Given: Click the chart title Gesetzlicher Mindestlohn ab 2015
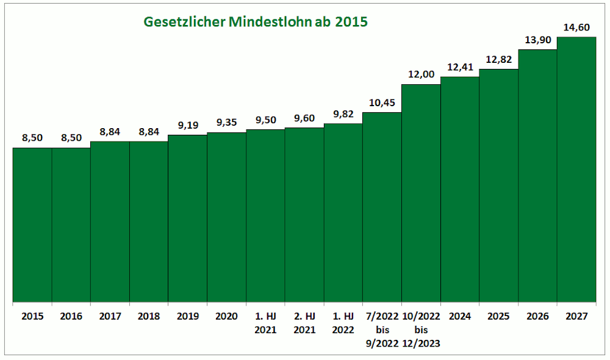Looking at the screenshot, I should (256, 22).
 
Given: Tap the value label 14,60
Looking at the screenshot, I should (576, 27).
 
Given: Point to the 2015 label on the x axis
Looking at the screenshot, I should (32, 316).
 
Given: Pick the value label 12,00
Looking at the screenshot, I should (421, 74).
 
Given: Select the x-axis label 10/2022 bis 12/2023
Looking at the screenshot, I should (421, 329).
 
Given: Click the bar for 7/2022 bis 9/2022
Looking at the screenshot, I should (382, 207).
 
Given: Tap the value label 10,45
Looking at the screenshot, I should (382, 103).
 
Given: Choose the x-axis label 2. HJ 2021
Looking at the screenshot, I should (304, 323).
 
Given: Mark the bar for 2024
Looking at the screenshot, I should (460, 189).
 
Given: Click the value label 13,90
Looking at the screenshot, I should (537, 39).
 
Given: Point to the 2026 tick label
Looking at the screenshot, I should (537, 316).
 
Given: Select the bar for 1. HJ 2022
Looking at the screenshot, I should (343, 213).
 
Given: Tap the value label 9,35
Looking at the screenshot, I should (226, 123).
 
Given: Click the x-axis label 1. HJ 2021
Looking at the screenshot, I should (265, 323).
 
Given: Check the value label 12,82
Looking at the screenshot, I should (498, 59).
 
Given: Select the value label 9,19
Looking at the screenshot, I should (187, 125).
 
